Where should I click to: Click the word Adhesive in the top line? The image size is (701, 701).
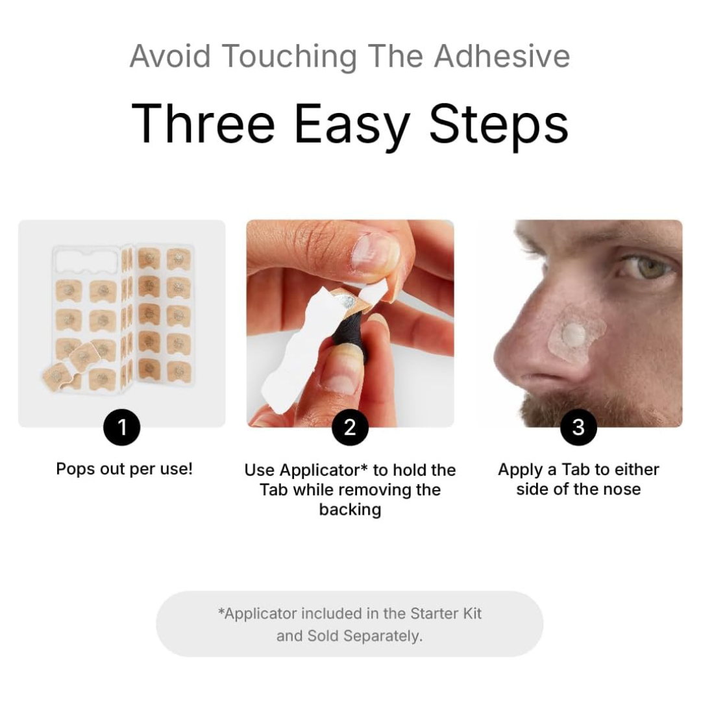tap(502, 56)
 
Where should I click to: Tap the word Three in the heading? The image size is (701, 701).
tap(203, 123)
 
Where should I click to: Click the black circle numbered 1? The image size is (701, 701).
tap(121, 427)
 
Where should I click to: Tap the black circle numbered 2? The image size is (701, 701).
tap(350, 427)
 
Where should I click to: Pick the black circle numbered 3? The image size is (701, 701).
tap(578, 427)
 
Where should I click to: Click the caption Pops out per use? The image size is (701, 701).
tap(124, 469)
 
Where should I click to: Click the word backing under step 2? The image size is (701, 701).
tap(350, 510)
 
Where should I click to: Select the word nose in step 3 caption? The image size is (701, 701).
tap(622, 489)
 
